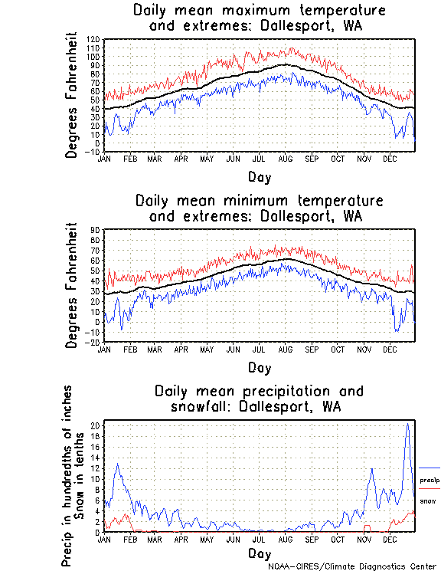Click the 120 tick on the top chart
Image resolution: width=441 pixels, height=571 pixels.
93,39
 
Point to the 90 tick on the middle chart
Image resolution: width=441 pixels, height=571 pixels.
96,230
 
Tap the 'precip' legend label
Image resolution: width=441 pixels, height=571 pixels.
429,480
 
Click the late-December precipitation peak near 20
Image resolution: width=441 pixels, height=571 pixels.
407,425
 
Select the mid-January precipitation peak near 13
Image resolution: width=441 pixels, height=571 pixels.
117,464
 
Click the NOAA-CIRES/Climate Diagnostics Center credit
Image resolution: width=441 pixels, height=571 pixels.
353,566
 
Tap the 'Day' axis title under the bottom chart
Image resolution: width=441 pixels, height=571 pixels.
260,553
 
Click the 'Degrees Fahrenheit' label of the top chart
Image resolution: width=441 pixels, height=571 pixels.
72,95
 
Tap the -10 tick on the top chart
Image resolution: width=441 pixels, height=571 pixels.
93,152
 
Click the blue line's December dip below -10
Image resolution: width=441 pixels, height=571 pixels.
396,331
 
